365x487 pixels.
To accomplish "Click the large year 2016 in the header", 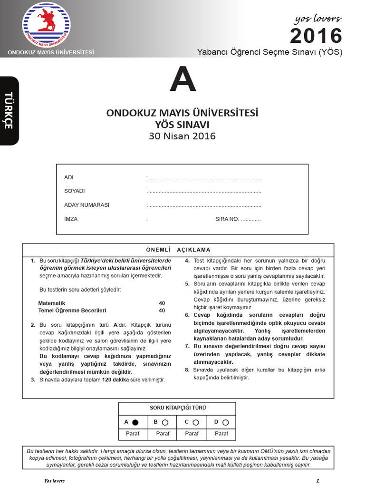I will (x=316, y=36).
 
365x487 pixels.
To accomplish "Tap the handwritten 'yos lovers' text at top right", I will (x=317, y=19).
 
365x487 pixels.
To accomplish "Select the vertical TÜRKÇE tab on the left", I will (x=9, y=110).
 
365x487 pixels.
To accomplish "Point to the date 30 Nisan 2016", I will (x=182, y=136).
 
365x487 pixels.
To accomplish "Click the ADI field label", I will (x=69, y=177).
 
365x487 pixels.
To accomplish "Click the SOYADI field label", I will (x=75, y=191).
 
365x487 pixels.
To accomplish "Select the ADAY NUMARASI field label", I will (x=86, y=205).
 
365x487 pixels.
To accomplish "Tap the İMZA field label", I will (x=71, y=219).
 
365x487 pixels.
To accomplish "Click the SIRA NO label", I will (x=227, y=219).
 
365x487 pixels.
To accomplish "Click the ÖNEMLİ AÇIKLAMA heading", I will (x=178, y=250).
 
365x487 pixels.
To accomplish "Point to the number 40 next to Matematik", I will (x=162, y=303).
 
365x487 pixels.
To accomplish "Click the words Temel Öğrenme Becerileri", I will (x=72, y=311).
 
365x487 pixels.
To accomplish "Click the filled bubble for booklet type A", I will (x=135, y=422).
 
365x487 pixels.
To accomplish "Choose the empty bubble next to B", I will (x=164, y=422).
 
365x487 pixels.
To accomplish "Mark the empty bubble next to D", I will (x=225, y=422).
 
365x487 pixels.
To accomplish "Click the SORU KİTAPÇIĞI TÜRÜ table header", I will (x=178, y=408).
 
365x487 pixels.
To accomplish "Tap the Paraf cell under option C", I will (x=192, y=434).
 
